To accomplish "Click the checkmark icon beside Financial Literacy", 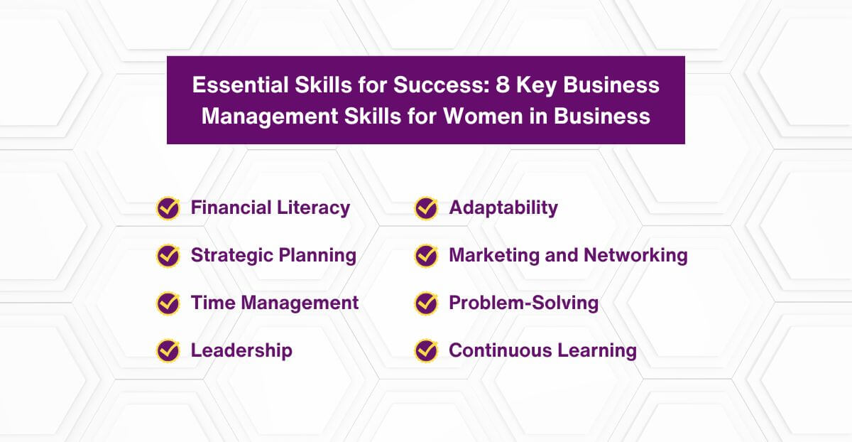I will click(168, 208).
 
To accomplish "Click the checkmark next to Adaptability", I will click(426, 208).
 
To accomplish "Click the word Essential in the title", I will click(236, 86).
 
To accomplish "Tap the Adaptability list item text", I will click(503, 208).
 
